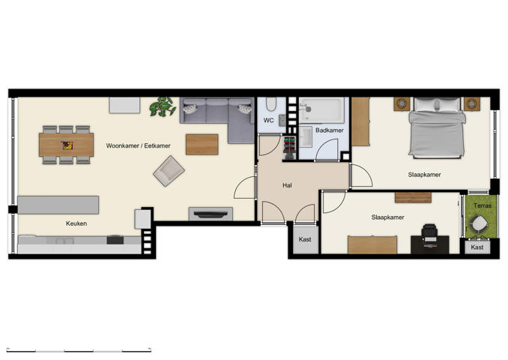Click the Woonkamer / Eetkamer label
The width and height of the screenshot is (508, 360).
tap(138, 145)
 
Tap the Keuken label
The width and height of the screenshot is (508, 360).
tap(76, 223)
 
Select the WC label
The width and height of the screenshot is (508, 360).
tap(268, 120)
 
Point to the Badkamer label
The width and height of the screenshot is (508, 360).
tap(330, 130)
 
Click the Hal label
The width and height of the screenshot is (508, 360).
tap(287, 184)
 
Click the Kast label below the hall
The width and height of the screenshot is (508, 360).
tap(305, 239)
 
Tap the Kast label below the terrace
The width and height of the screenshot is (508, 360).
tap(477, 247)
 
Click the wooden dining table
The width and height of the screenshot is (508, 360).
tap(66, 144)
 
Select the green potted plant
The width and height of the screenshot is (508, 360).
tap(162, 108)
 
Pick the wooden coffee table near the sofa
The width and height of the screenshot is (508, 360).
tap(202, 144)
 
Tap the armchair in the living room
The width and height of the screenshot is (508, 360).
tap(168, 170)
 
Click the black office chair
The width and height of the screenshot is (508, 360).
tap(429, 235)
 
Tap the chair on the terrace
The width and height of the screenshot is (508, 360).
tap(477, 223)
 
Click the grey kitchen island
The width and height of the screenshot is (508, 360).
tap(58, 205)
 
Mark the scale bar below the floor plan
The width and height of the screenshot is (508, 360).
tap(80, 349)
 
